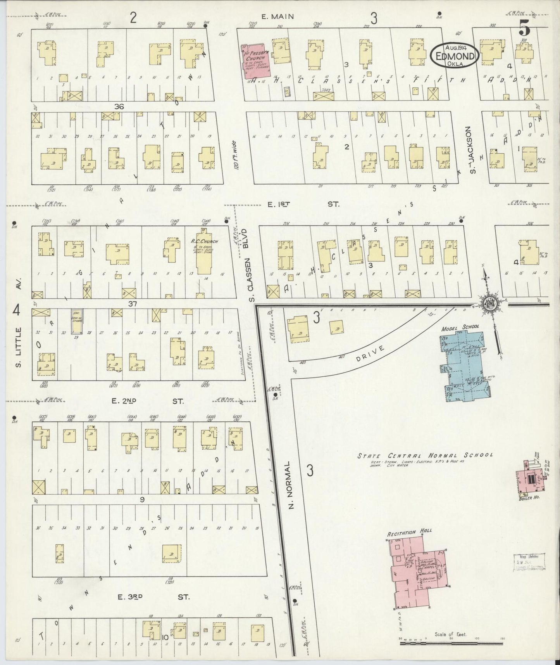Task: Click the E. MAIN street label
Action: pos(277,16)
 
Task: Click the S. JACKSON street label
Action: pos(471,149)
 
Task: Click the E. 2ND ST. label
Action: pos(147,401)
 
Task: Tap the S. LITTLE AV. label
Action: pos(17,336)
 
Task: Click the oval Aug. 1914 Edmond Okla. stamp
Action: pos(455,56)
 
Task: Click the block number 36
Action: pos(119,106)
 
